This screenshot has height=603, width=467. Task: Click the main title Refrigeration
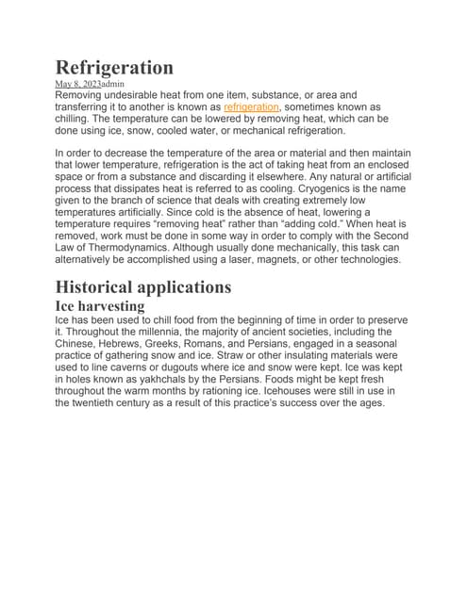(114, 67)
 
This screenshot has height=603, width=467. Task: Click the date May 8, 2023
(78, 84)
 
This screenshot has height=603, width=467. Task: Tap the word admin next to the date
(119, 84)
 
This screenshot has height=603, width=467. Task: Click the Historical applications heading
(143, 286)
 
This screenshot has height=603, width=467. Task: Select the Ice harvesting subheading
(100, 306)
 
